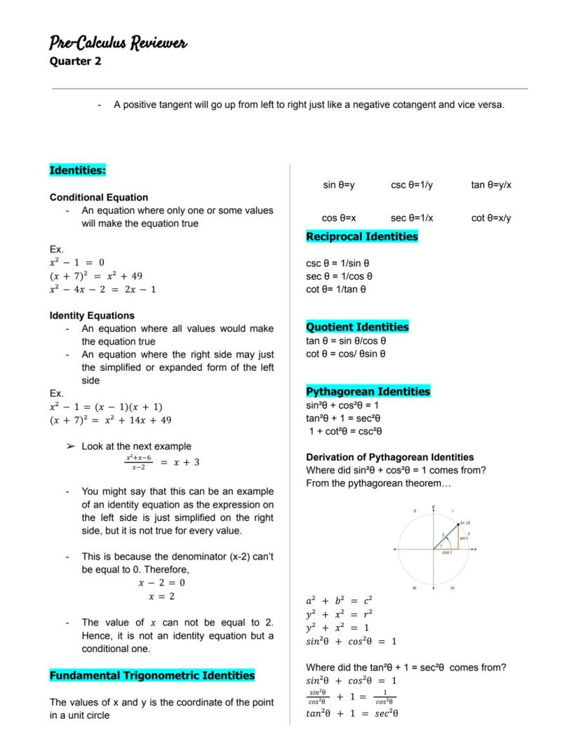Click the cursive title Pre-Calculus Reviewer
click(118, 43)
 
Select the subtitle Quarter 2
click(75, 61)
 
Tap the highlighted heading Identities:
click(78, 170)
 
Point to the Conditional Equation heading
click(99, 197)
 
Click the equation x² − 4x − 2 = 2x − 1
click(103, 289)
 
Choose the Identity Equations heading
click(92, 316)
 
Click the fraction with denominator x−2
click(138, 462)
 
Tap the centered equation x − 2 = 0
click(161, 583)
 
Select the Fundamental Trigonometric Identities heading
click(152, 675)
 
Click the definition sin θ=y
click(339, 185)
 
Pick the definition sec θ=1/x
click(412, 218)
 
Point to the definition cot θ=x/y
click(491, 218)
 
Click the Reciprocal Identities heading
click(362, 236)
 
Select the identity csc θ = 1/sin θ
click(338, 264)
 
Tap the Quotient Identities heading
click(357, 327)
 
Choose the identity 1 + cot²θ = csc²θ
click(345, 431)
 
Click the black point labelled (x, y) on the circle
click(458, 525)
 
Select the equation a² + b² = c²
click(339, 601)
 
